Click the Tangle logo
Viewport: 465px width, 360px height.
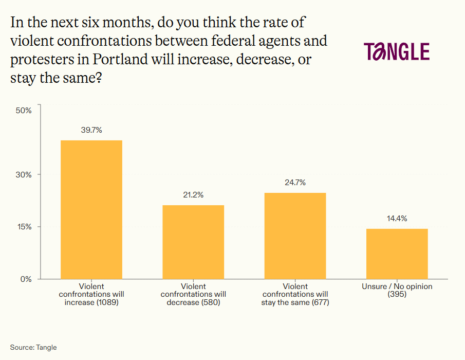point(397,52)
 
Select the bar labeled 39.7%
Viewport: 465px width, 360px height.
point(91,209)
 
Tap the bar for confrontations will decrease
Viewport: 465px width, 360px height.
point(193,242)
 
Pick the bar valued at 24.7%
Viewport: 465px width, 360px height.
point(295,236)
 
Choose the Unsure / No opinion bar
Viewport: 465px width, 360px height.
point(397,254)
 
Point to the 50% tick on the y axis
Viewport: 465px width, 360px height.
point(24,110)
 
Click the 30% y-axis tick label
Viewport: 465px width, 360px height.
point(24,174)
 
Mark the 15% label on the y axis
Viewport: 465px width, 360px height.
point(24,227)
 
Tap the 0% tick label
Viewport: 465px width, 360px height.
point(26,279)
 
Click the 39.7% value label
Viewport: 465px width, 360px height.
point(91,130)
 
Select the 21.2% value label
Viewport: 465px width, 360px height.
point(193,195)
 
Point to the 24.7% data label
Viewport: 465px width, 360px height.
point(295,183)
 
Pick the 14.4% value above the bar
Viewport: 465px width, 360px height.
point(397,219)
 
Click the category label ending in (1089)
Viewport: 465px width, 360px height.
point(91,295)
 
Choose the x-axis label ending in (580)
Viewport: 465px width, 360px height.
point(193,295)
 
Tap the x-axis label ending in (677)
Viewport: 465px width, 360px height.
point(295,295)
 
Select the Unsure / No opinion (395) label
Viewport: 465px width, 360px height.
point(397,291)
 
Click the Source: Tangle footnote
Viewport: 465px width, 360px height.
point(33,348)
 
